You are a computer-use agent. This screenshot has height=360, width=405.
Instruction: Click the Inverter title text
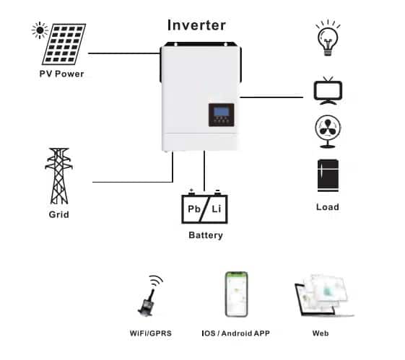[x=196, y=25]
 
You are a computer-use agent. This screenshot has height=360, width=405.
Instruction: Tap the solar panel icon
[x=61, y=43]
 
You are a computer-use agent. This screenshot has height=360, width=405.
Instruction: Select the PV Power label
[x=62, y=74]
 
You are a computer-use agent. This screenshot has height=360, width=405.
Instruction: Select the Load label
[x=327, y=207]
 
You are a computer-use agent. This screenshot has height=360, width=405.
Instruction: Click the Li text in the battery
[x=217, y=209]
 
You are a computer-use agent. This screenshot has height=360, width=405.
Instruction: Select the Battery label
[x=205, y=235]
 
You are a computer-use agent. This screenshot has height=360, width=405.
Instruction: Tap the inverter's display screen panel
[x=221, y=114]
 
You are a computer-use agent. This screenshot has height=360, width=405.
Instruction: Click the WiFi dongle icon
[x=147, y=297]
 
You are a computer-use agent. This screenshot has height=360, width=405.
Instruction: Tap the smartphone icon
[x=235, y=294]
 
